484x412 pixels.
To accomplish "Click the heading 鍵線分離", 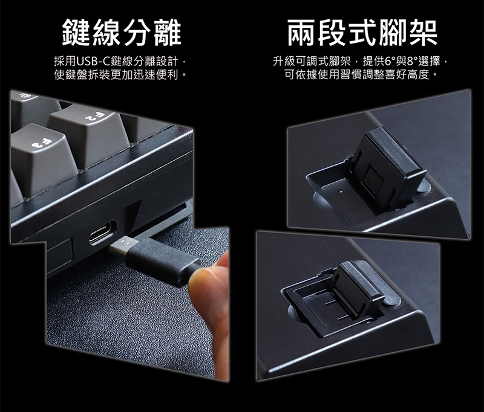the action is [x=122, y=32].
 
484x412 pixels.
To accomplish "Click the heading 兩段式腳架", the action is [x=362, y=32].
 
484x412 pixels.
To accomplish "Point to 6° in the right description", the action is [x=389, y=62].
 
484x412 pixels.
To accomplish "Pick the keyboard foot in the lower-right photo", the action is [x=358, y=289].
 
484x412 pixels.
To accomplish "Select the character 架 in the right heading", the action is [x=423, y=32].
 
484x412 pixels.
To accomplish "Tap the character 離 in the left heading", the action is [x=168, y=32].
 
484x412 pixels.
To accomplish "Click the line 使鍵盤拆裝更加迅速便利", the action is [x=120, y=75].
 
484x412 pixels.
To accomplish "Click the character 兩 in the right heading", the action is [x=301, y=32].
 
